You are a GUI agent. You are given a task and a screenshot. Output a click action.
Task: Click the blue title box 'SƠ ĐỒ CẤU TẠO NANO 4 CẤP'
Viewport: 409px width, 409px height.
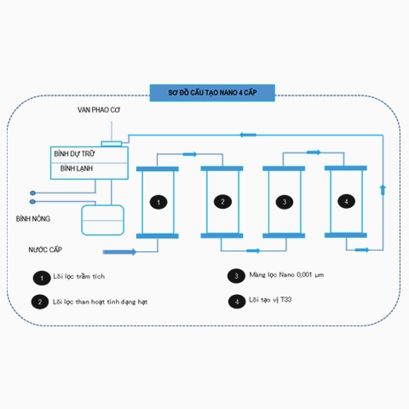pos(212,93)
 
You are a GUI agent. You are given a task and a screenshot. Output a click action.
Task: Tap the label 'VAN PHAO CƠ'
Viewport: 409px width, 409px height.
pos(99,110)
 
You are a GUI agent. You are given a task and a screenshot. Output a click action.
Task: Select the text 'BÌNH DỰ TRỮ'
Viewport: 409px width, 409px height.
pos(74,154)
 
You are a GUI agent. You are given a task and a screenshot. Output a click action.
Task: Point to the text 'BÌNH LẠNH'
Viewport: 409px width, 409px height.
pos(77,169)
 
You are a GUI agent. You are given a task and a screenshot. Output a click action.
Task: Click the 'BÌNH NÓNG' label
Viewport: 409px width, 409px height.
pos(33,219)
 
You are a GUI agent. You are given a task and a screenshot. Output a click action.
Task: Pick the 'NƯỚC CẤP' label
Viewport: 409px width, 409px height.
pos(45,250)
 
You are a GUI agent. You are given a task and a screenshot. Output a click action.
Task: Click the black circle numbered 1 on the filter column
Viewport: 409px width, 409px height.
pos(158,202)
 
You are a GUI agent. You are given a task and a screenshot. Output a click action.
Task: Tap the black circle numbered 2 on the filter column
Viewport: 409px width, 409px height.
pos(222,202)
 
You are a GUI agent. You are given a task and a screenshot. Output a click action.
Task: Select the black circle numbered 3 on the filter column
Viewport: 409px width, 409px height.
pos(285,202)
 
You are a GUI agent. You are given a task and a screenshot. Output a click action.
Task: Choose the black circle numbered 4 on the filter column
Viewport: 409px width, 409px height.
pos(346,201)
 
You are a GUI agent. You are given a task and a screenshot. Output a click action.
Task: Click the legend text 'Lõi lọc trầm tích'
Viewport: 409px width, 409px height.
pos(79,276)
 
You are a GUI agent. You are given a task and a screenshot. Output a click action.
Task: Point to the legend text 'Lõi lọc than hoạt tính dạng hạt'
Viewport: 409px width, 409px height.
pos(100,302)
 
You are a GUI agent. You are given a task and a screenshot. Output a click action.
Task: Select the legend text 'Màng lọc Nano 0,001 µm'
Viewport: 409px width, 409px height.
pos(286,274)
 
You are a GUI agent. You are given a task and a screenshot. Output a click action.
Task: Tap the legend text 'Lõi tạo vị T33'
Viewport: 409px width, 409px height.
pos(270,300)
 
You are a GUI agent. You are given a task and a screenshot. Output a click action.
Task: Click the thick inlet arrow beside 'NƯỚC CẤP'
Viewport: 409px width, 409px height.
pos(119,252)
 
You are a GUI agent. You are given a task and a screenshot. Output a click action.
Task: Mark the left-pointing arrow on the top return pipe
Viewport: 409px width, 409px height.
pos(248,135)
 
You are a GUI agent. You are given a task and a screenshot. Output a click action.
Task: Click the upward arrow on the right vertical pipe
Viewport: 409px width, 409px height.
pos(383,190)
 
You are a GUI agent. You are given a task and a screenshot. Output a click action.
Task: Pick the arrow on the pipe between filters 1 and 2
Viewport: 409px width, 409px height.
pos(190,154)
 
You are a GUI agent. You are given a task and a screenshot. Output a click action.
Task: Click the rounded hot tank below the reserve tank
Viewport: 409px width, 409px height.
pos(102,220)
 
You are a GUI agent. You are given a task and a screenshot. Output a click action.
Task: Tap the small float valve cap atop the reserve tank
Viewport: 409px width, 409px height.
pos(112,144)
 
